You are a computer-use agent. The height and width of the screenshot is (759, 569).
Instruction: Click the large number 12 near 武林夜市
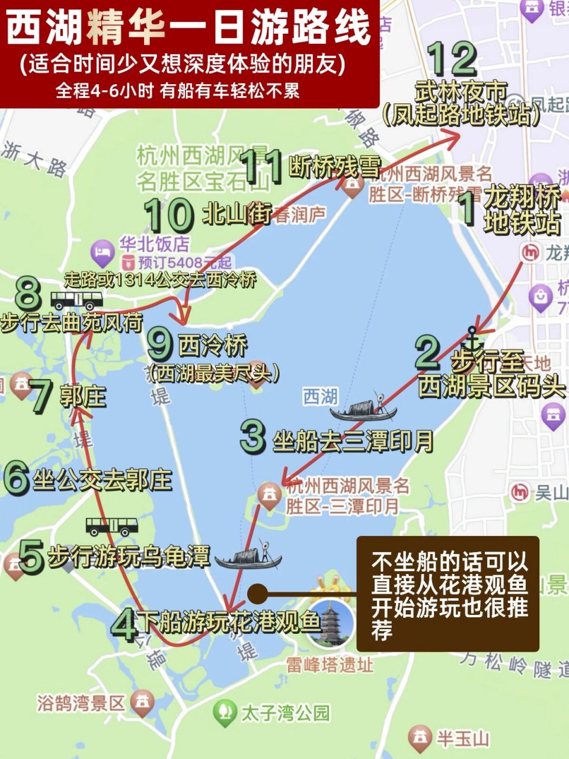454,58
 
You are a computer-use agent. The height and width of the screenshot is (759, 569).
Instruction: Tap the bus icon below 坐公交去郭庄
112,525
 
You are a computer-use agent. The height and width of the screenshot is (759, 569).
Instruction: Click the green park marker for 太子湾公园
223,710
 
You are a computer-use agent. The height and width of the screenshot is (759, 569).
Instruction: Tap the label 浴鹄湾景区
81,703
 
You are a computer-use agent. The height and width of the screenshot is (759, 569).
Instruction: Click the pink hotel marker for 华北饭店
103,252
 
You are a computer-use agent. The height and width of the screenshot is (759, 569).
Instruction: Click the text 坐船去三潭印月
353,441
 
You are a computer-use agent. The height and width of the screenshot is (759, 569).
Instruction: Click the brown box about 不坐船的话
447,593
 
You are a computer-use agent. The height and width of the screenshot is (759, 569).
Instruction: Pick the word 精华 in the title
126,28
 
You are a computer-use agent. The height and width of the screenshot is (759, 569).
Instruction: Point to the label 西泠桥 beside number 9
213,346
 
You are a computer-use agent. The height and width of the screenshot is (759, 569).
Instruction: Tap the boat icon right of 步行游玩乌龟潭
248,557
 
